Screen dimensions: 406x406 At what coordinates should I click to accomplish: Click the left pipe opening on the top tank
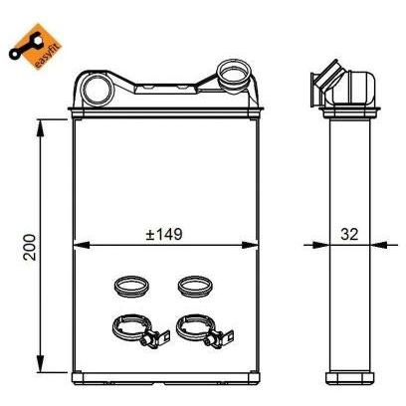(x=97, y=88)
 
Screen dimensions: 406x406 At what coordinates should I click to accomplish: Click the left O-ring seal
(x=129, y=286)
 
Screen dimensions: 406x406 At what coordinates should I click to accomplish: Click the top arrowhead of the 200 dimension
(x=41, y=124)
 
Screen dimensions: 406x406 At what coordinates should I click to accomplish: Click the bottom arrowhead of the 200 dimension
(x=41, y=366)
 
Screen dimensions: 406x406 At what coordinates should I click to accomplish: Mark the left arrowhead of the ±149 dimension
(x=79, y=244)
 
